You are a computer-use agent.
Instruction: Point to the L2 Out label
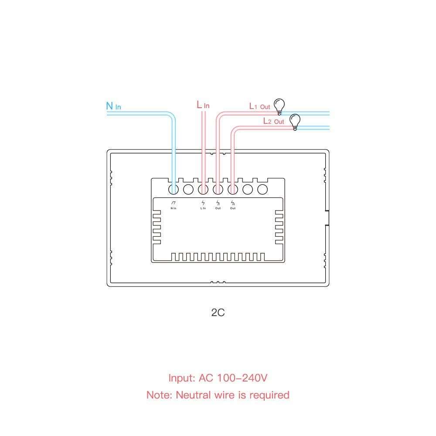coord(273,121)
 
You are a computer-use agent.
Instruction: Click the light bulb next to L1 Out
coord(279,106)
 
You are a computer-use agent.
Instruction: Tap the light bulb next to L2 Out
coord(296,121)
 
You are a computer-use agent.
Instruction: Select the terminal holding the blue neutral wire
coord(174,189)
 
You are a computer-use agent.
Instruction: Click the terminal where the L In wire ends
coord(203,189)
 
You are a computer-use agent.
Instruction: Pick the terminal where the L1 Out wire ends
coord(218,189)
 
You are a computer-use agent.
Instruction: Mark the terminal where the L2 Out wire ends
coord(232,189)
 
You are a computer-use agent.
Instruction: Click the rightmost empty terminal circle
coord(262,189)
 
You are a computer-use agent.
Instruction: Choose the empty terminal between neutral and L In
coord(188,189)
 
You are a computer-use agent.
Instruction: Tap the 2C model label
coord(218,313)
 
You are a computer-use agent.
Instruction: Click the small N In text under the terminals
coord(174,208)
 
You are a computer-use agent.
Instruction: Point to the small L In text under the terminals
coord(203,208)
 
